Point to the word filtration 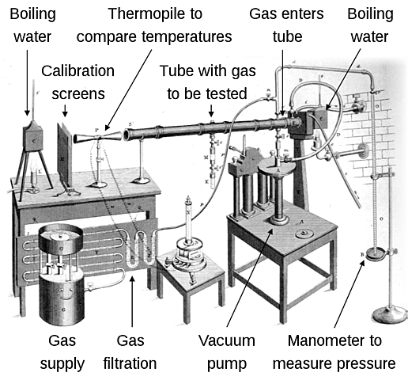131,363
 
